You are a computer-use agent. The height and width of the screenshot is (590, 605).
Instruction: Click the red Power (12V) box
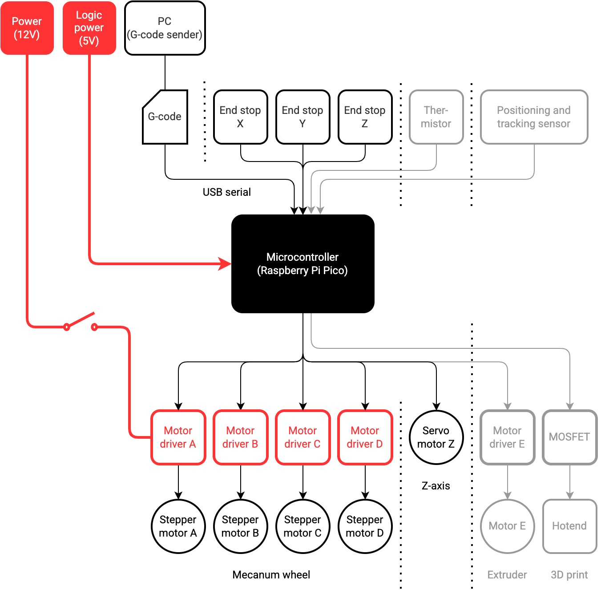click(x=27, y=28)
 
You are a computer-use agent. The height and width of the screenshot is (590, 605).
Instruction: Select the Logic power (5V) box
click(x=89, y=28)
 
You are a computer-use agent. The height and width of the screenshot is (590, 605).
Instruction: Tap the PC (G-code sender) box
click(x=165, y=28)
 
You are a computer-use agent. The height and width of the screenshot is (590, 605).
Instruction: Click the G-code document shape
click(x=165, y=117)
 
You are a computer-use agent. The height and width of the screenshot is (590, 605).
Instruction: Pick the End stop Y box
click(x=302, y=117)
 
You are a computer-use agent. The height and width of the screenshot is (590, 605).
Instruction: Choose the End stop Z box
click(x=365, y=117)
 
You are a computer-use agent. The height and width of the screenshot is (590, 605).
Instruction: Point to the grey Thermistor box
click(x=436, y=117)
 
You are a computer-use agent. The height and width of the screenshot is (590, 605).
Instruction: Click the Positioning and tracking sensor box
click(x=534, y=117)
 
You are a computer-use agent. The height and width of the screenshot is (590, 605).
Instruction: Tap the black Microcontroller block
click(x=302, y=264)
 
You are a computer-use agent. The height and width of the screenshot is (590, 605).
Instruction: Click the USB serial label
click(x=226, y=192)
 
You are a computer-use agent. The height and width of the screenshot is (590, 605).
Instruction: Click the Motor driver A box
click(x=178, y=437)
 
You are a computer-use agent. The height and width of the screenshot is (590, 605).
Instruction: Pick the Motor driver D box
click(x=365, y=437)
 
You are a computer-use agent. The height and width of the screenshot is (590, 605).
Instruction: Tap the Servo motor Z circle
click(x=436, y=437)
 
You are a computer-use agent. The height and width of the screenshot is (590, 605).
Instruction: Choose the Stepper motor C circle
click(x=302, y=526)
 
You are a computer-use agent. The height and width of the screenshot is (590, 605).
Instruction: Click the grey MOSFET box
click(x=569, y=437)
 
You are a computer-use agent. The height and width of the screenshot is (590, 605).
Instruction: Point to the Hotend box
click(x=569, y=526)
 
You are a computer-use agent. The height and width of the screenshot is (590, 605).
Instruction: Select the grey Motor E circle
click(x=507, y=526)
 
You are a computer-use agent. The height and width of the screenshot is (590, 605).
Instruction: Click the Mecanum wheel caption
click(x=271, y=575)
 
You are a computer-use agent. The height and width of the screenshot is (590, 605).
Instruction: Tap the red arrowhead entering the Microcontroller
click(x=225, y=264)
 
